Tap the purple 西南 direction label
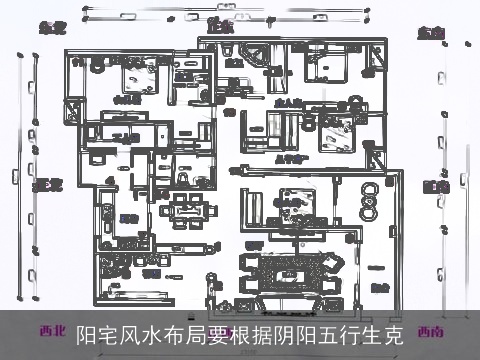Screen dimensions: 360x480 pyautogui.click(x=432, y=331)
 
